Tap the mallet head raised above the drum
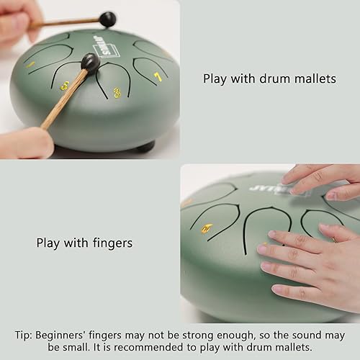coord(108,19)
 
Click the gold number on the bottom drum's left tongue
coord(207,229)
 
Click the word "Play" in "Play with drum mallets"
coord(215,78)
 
